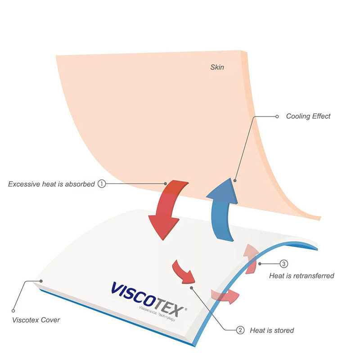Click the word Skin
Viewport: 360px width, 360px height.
217,67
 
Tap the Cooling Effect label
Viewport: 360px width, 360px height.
308,116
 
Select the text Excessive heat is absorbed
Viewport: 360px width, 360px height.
51,184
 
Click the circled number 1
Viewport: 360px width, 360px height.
102,184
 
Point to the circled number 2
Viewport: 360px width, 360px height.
240,330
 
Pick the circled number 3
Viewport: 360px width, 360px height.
284,264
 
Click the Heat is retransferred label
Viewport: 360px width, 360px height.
301,275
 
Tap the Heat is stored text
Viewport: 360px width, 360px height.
272,330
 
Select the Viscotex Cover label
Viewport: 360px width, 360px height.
36,320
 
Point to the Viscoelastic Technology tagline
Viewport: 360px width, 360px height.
157,314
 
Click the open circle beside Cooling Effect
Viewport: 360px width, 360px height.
277,117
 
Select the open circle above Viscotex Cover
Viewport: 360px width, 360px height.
13,310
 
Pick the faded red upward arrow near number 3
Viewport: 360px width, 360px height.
251,258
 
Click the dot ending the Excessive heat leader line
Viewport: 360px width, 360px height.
165,184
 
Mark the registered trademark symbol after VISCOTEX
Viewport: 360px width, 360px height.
186,309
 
